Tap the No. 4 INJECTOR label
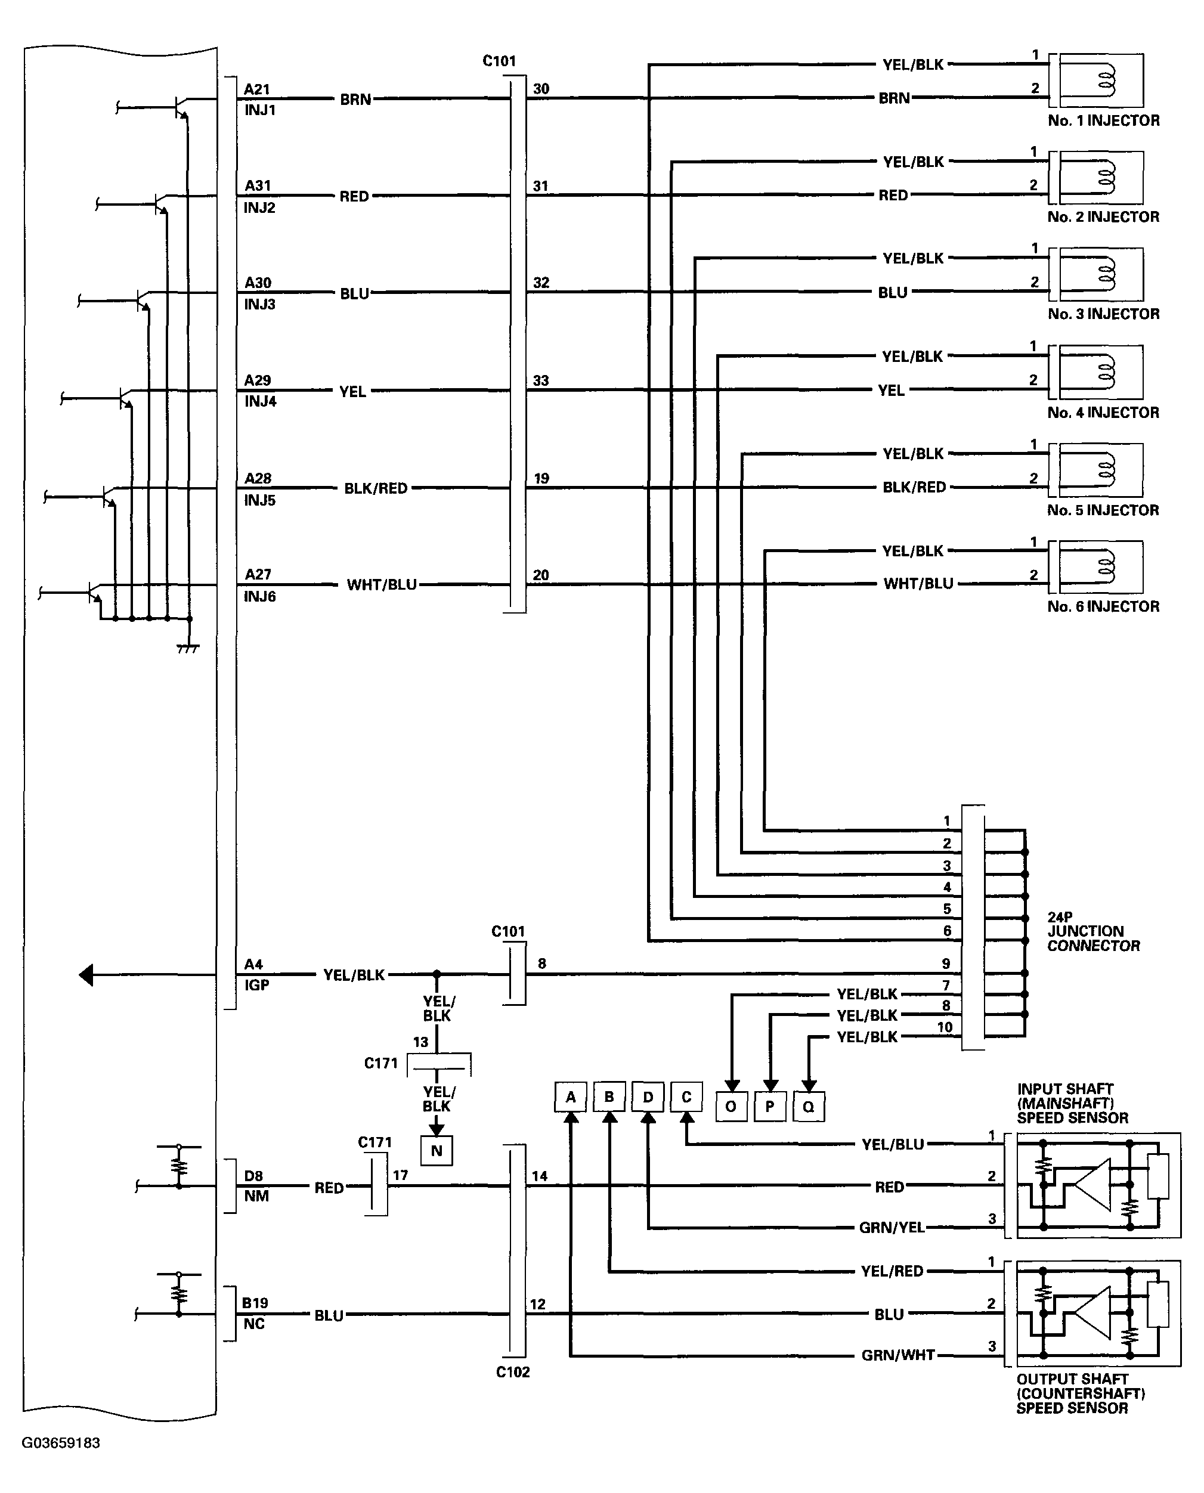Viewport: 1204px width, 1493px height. click(x=1103, y=413)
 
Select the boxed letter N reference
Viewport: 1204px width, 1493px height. click(x=437, y=1150)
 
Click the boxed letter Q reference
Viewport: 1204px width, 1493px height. click(x=809, y=1106)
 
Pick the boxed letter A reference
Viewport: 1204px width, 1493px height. click(x=571, y=1097)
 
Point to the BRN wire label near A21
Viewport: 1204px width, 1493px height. click(x=355, y=99)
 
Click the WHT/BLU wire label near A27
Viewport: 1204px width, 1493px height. click(x=382, y=584)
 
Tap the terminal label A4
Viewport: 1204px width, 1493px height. click(x=254, y=964)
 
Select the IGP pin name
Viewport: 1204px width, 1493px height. click(x=256, y=985)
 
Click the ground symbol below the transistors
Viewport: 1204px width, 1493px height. click(x=188, y=648)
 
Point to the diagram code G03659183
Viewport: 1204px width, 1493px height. click(x=61, y=1443)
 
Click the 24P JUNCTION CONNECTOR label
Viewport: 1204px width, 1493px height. click(x=1093, y=931)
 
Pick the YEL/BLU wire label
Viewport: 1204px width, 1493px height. click(x=893, y=1144)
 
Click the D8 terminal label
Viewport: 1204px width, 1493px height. click(x=254, y=1176)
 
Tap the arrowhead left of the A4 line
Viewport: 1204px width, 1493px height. click(x=85, y=975)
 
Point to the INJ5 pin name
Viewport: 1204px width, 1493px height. click(x=260, y=500)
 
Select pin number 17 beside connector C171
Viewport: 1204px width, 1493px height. click(x=400, y=1175)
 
